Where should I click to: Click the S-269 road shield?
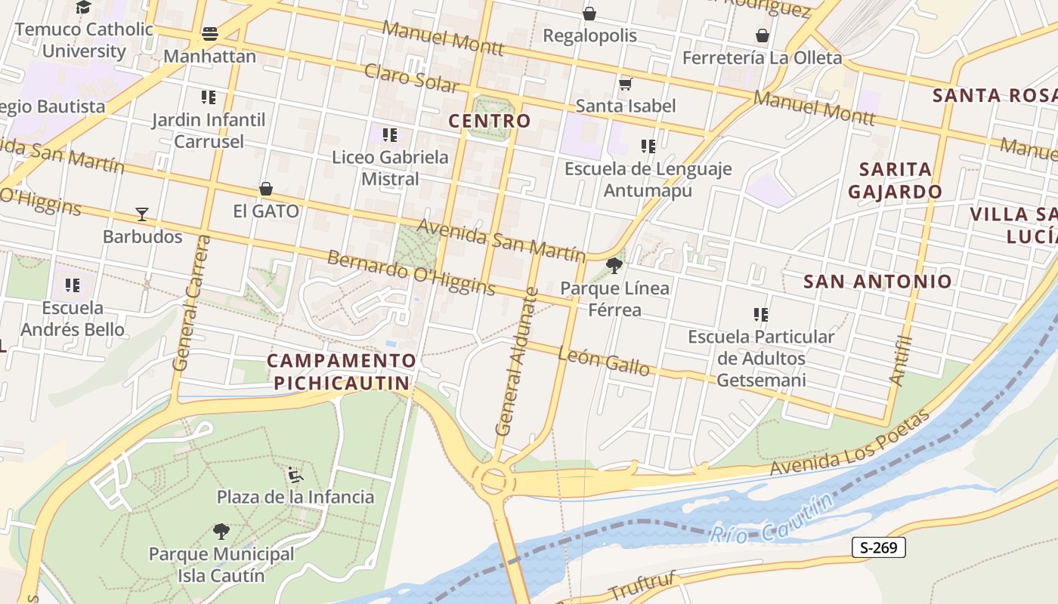(878, 547)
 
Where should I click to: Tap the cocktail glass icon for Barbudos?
(142, 214)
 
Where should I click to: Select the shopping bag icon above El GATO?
(266, 189)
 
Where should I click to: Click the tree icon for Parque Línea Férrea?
(614, 266)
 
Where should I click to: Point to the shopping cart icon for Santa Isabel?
(625, 84)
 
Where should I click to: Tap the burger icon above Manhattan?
(210, 34)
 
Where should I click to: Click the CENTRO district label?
(490, 121)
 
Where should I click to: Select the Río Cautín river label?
(771, 518)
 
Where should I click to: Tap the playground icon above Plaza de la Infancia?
(295, 475)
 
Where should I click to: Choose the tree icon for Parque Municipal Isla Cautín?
(221, 532)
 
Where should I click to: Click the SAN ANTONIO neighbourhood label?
(877, 282)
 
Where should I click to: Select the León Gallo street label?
(604, 361)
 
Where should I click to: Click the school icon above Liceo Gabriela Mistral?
(390, 135)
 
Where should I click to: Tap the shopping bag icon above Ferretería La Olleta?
(762, 35)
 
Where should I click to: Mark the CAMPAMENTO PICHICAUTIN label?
(342, 371)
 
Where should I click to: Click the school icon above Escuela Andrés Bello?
(73, 285)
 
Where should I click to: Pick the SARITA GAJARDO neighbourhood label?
(895, 180)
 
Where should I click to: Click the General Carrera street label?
(190, 303)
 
